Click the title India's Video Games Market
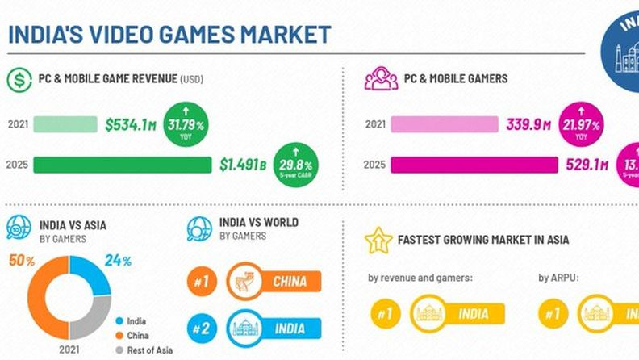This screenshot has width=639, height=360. [169, 35]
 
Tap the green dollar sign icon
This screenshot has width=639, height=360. [18, 79]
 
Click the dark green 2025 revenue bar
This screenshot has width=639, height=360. [122, 165]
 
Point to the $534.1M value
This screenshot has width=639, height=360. [131, 125]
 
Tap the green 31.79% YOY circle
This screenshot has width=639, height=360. [186, 126]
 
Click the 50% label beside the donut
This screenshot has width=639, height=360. [20, 261]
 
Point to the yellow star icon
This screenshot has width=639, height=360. [377, 240]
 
